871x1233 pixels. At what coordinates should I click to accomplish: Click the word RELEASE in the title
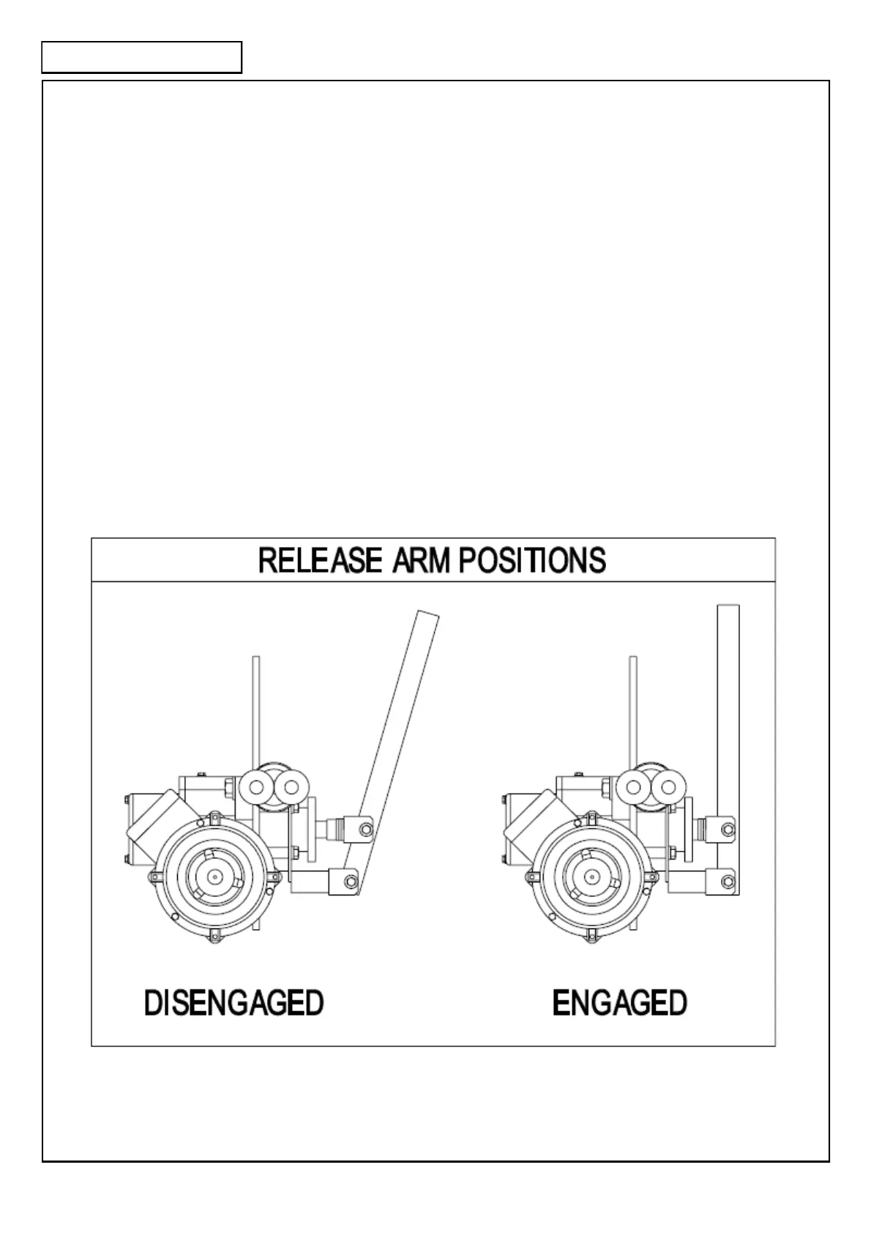(320, 561)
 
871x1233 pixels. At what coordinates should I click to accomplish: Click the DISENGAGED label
(234, 1002)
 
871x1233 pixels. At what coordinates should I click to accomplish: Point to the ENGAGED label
(620, 1002)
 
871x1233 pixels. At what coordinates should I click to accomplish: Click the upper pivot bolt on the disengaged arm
(365, 828)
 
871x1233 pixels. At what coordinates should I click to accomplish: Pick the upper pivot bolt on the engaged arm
(728, 829)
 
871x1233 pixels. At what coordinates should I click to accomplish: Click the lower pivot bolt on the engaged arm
(728, 879)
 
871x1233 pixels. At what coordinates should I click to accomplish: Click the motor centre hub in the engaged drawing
(591, 876)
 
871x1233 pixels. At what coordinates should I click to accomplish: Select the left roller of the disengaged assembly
(256, 787)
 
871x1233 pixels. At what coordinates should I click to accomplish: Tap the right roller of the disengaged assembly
(291, 787)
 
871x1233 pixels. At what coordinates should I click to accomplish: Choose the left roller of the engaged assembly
(633, 787)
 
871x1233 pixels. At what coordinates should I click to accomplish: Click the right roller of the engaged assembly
(668, 787)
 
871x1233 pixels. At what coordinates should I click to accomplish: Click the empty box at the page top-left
(141, 58)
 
